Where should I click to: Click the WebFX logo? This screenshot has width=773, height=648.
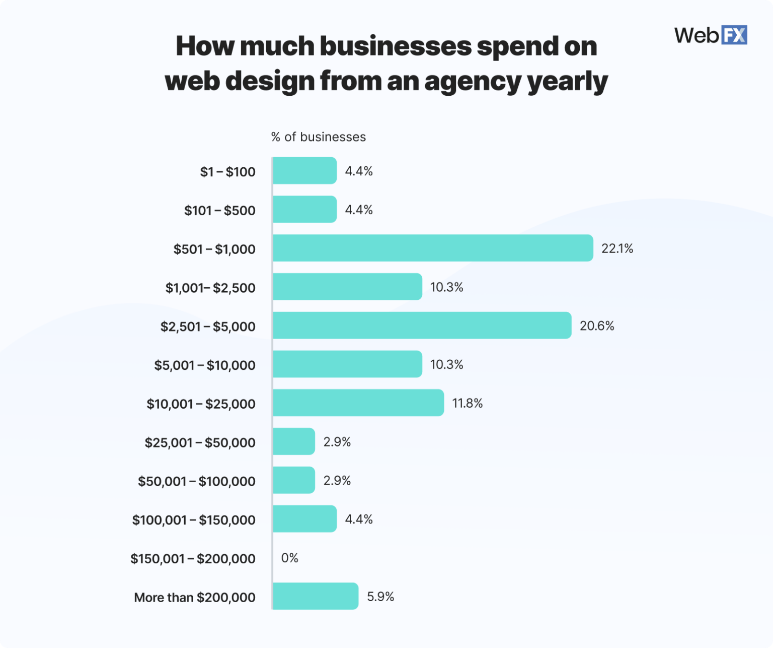click(x=710, y=35)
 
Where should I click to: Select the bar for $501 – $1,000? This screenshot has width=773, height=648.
click(x=433, y=248)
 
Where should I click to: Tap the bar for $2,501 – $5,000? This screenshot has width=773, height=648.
click(x=422, y=326)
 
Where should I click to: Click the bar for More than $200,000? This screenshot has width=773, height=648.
click(x=315, y=596)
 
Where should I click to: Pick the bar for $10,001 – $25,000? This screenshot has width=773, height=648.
click(x=358, y=403)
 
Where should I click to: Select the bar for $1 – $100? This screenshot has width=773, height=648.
click(x=304, y=171)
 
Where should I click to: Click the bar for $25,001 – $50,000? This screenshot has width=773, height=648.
click(x=293, y=441)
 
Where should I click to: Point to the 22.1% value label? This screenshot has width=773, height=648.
click(x=617, y=248)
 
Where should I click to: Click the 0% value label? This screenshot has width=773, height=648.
click(x=289, y=558)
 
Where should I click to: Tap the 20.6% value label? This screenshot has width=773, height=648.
click(x=597, y=326)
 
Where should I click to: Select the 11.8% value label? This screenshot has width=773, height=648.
click(x=467, y=403)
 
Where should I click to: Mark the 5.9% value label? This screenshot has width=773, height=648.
click(x=380, y=597)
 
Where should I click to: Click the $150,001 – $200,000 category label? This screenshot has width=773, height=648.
click(x=193, y=558)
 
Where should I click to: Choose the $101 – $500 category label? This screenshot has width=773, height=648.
click(x=219, y=210)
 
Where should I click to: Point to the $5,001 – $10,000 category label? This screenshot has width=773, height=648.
click(x=205, y=365)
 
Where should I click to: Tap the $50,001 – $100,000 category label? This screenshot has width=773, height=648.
click(x=197, y=481)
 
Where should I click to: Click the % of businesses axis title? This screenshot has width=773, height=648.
click(x=318, y=137)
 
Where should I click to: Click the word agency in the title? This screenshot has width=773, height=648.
click(x=473, y=81)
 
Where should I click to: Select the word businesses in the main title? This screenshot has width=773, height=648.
click(x=396, y=46)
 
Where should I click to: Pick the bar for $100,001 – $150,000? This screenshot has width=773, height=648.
click(x=304, y=519)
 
